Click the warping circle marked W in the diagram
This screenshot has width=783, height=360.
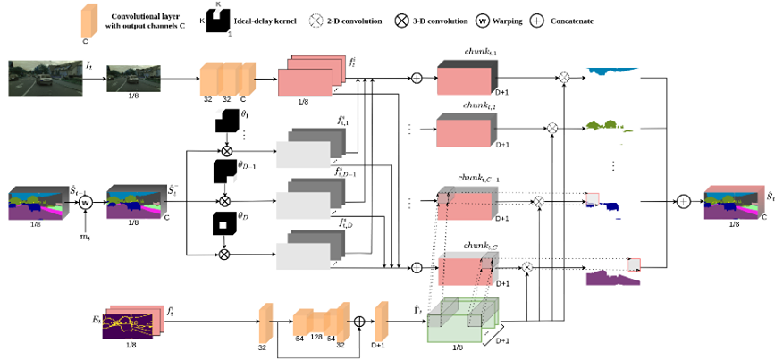87,202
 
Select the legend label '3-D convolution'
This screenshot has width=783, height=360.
455,19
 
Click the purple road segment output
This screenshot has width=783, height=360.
613,278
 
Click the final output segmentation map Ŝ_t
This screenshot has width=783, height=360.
733,203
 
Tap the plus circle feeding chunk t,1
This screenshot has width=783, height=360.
417,78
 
